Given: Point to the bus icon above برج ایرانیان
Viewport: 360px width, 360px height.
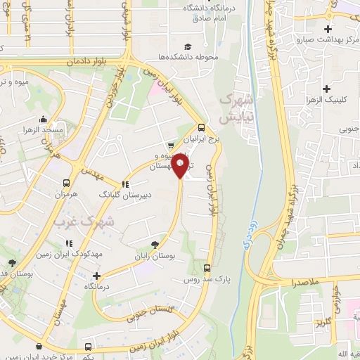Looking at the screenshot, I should [202, 127].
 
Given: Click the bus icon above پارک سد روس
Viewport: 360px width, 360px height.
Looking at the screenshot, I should [207, 268].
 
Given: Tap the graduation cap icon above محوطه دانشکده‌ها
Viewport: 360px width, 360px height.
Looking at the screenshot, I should [190, 44].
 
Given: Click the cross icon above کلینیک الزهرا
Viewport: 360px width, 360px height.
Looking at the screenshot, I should [326, 89].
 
